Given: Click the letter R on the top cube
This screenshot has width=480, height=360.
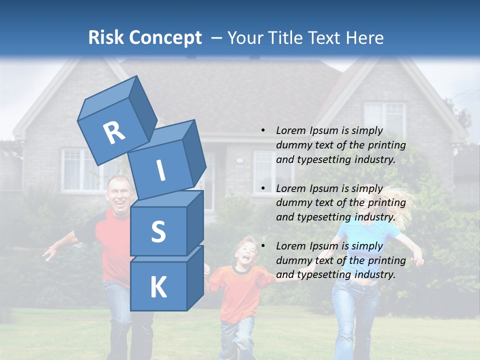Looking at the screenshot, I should pyautogui.click(x=114, y=132).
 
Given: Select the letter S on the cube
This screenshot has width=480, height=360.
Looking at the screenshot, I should pyautogui.click(x=158, y=231).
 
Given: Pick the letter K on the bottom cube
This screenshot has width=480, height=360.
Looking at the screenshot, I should pyautogui.click(x=158, y=287).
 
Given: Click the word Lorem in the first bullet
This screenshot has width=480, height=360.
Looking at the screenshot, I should pyautogui.click(x=290, y=130).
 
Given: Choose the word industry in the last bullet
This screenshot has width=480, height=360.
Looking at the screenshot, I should pyautogui.click(x=375, y=274).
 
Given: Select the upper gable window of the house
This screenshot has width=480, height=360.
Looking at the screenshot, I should pyautogui.click(x=384, y=119).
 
